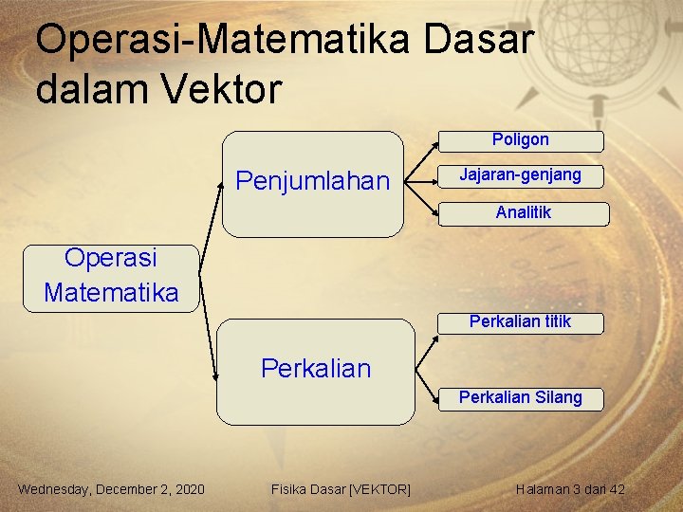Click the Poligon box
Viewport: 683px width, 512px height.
[x=520, y=141]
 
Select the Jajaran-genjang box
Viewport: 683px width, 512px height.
[x=520, y=176]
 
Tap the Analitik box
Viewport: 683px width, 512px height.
[x=523, y=213]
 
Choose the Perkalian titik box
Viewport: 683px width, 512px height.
[x=520, y=322]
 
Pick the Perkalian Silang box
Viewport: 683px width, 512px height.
[x=520, y=398]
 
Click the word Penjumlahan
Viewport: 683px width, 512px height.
[x=312, y=181]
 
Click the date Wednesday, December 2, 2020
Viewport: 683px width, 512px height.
[x=111, y=489]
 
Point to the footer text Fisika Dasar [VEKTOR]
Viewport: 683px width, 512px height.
[x=341, y=489]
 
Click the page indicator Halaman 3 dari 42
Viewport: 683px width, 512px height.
[x=570, y=489]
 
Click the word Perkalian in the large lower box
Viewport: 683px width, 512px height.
[x=316, y=368]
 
